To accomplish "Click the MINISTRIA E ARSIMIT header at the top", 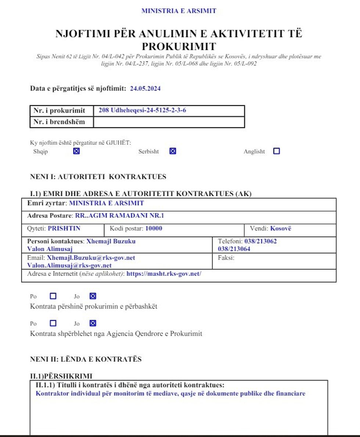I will coord(179,11).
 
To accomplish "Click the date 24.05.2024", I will coord(145,89).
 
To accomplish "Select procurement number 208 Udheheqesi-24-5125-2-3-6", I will coord(142,110).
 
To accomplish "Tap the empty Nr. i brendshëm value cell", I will coord(169,122).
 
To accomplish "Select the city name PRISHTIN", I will coord(64,228).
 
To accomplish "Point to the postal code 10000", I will coord(154,228).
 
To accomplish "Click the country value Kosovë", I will coord(281,228).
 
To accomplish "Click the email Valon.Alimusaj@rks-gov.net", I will coord(69,265).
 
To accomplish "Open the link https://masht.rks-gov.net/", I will coord(164,274).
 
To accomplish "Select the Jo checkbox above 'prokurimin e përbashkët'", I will coord(93,296).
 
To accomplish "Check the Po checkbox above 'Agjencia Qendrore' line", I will coord(53,324).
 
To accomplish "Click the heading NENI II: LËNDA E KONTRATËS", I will coord(86,359).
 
